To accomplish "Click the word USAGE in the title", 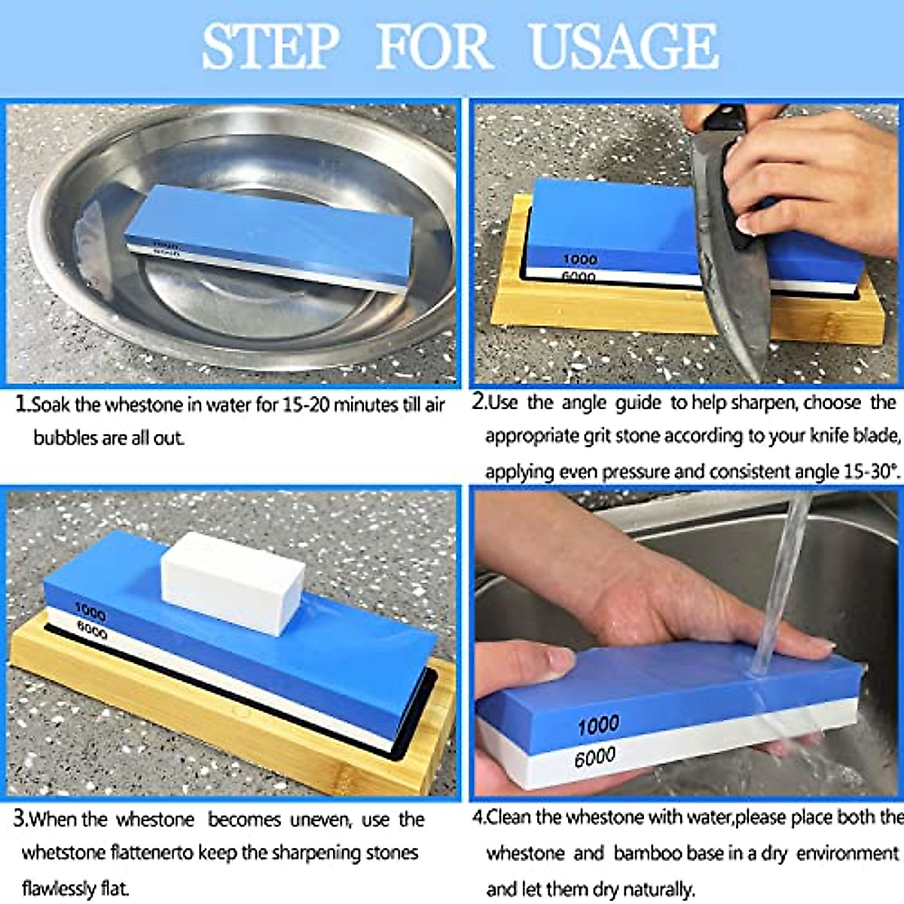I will (x=624, y=47).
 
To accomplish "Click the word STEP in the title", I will (x=270, y=47).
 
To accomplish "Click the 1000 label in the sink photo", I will (x=598, y=725).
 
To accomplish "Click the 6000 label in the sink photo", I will (x=594, y=756).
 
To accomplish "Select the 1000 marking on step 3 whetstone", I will (x=90, y=611).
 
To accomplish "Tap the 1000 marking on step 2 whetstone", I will (x=580, y=259).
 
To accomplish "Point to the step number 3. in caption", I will (x=21, y=819).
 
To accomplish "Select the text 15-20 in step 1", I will (x=305, y=405).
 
